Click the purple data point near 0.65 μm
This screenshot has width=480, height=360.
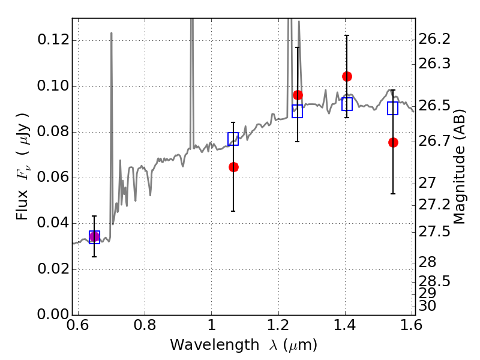coord(94,237)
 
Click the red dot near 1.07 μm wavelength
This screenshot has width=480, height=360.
coord(233,167)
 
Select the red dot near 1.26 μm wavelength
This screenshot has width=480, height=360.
coord(298,95)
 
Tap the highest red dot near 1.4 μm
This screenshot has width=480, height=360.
coord(347,77)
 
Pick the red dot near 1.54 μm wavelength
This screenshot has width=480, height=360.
coord(393,142)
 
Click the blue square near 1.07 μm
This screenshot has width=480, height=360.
coord(233,139)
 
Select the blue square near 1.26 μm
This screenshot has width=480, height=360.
coord(297,111)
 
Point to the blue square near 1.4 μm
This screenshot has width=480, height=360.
coord(347,104)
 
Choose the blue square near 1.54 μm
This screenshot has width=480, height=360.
coord(392,109)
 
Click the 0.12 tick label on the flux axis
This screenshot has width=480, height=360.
coord(53,40)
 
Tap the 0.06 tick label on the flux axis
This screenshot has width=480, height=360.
coord(53,177)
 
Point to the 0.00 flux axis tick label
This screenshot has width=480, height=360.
coord(53,314)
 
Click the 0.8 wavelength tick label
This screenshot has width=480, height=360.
coord(145,325)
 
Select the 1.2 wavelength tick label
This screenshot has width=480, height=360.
coord(278,325)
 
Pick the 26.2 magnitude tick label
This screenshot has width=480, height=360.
coord(434,39)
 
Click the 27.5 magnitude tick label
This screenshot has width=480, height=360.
coord(434,232)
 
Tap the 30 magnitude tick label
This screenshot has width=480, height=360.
coord(427,306)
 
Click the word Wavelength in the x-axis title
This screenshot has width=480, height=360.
coord(215,345)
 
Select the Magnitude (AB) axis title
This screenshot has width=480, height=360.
coord(458,167)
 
